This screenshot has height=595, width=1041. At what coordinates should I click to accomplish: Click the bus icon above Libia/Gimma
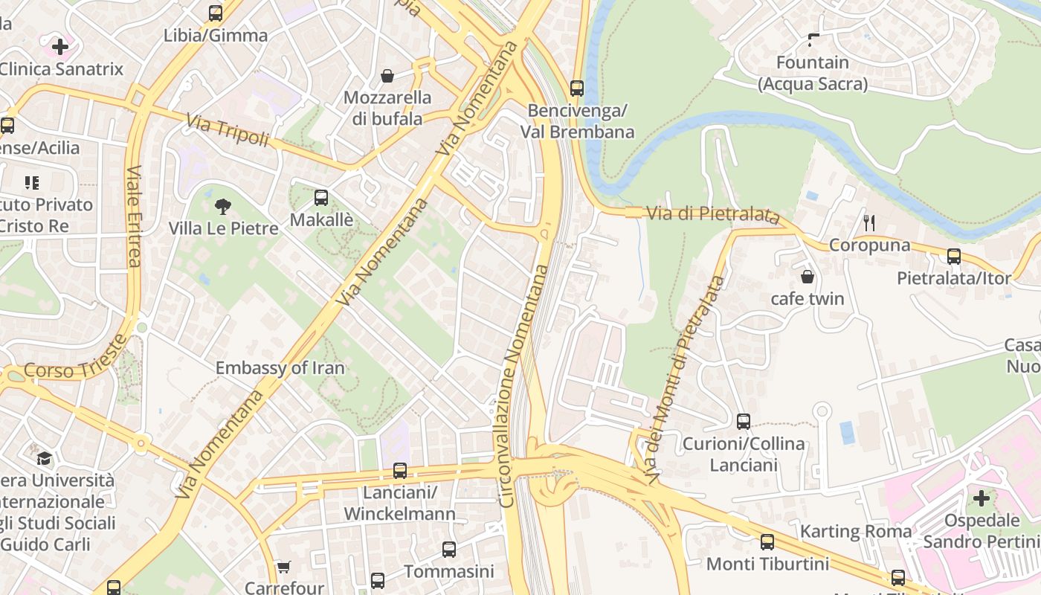point(216,13)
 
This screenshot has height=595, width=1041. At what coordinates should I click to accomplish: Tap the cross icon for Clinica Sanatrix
point(60,47)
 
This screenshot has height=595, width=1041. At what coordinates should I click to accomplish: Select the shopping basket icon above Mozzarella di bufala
point(387,75)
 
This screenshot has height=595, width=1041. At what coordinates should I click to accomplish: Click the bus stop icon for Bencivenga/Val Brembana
point(577,89)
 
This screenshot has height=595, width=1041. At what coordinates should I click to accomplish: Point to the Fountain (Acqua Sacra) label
point(813,73)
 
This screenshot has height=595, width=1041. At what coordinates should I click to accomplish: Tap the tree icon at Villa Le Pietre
point(222,207)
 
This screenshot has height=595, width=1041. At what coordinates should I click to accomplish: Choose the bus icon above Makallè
point(321,198)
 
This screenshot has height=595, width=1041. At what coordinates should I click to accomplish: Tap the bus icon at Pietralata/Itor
point(954,257)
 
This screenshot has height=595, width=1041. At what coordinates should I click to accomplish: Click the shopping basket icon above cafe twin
point(808,277)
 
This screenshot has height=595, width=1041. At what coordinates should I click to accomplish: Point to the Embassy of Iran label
point(280,367)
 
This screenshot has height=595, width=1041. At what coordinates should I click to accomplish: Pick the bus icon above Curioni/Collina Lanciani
point(744,422)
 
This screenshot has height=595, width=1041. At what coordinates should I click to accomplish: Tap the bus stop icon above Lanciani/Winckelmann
point(400,471)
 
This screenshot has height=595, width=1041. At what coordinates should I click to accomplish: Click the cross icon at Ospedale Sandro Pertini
point(982,498)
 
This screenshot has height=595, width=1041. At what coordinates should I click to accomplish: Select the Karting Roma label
point(856,532)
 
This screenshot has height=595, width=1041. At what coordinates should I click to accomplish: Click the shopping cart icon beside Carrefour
point(283,567)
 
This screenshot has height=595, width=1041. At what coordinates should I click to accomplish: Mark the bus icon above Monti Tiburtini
point(767,542)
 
